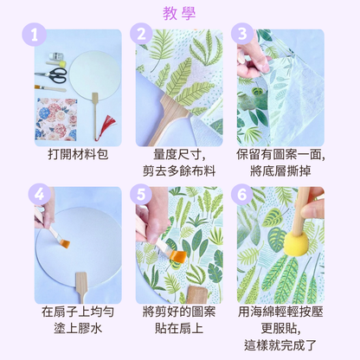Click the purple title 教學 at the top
point(179,13)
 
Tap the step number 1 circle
point(35,35)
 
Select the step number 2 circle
point(141,34)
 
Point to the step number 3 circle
point(242,34)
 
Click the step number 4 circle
point(40,194)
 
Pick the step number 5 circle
point(141,194)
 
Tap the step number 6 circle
point(242,194)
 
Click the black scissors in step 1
point(51,75)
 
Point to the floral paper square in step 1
point(56,119)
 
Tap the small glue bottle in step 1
point(55,56)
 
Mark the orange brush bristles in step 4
point(65,244)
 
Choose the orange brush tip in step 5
point(178,256)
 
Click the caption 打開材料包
point(78,155)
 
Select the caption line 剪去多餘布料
point(179,171)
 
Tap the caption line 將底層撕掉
point(280,171)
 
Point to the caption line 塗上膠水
point(78,328)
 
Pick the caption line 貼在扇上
point(179,328)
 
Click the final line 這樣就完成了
point(280,345)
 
